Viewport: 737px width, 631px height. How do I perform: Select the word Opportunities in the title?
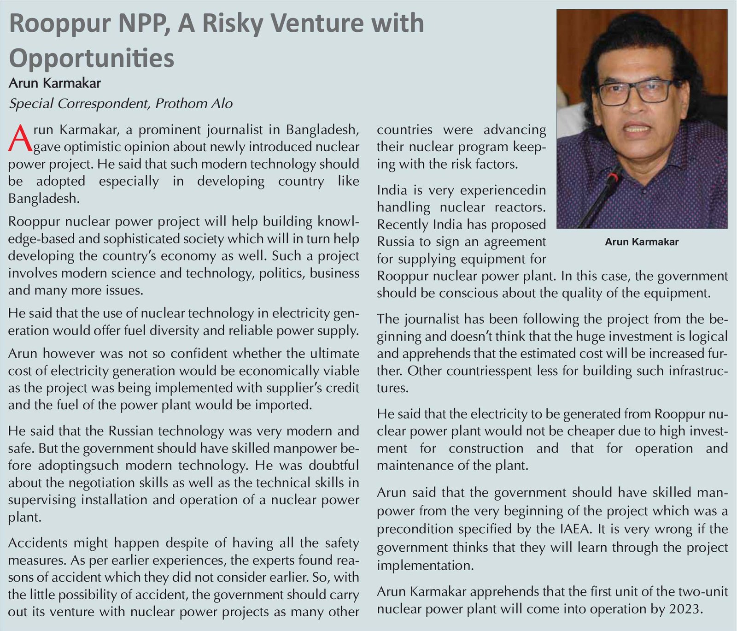[92, 59]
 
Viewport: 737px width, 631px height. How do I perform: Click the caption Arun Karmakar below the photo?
[642, 242]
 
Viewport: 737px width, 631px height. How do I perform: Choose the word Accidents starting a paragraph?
[38, 543]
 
